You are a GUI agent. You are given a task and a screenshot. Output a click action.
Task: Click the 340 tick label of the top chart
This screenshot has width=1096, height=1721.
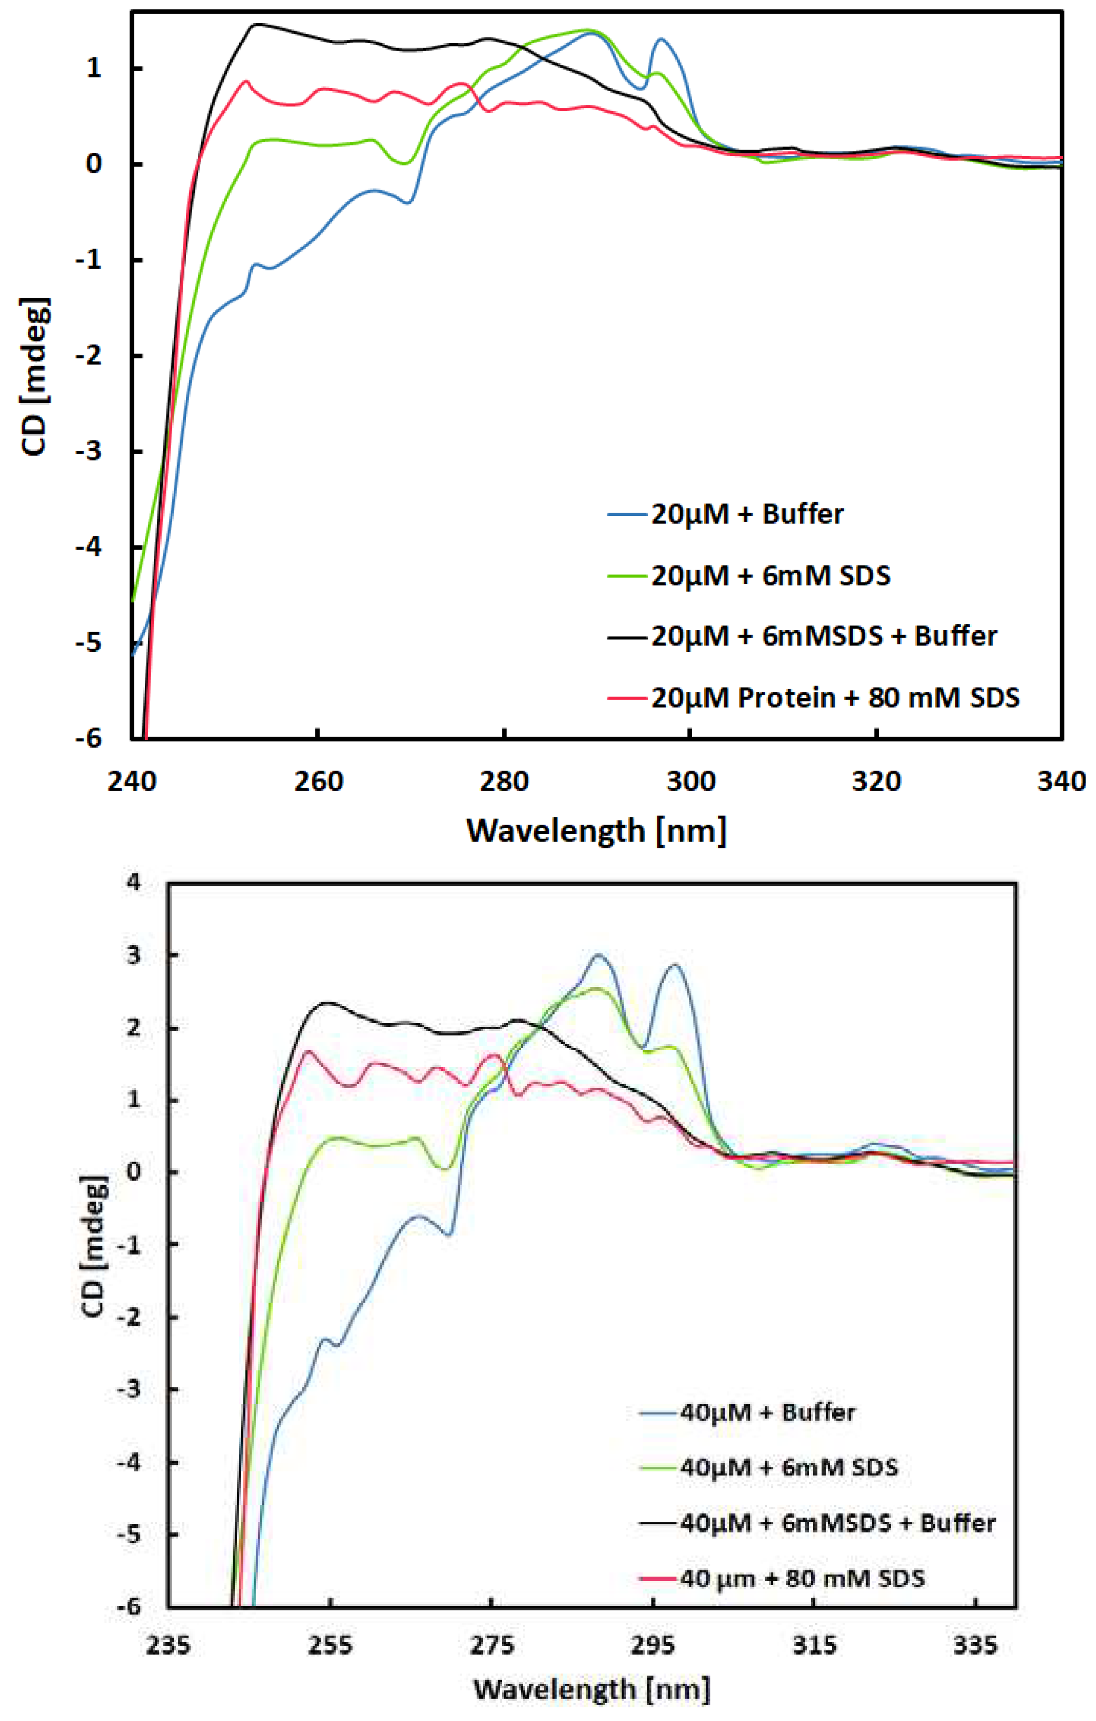coord(1061,781)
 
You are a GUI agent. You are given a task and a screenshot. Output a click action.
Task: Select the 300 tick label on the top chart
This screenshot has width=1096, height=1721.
coord(690,781)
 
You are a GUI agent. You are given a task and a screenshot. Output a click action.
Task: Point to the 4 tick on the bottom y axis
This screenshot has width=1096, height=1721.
coord(134,882)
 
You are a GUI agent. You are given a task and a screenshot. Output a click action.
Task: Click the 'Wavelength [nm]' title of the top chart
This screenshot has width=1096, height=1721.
coord(597,830)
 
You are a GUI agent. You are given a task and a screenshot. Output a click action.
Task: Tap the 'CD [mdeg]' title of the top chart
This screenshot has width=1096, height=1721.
coord(34,377)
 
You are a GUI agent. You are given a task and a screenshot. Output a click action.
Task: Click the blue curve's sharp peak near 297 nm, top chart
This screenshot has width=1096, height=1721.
coord(661,40)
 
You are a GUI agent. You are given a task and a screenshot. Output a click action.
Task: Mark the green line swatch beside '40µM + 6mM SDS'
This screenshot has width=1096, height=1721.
coord(657,1468)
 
